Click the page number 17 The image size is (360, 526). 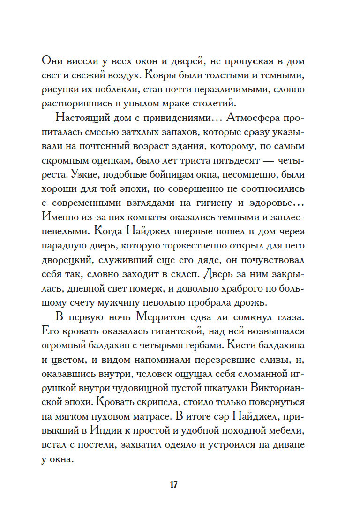pyautogui.click(x=173, y=484)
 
